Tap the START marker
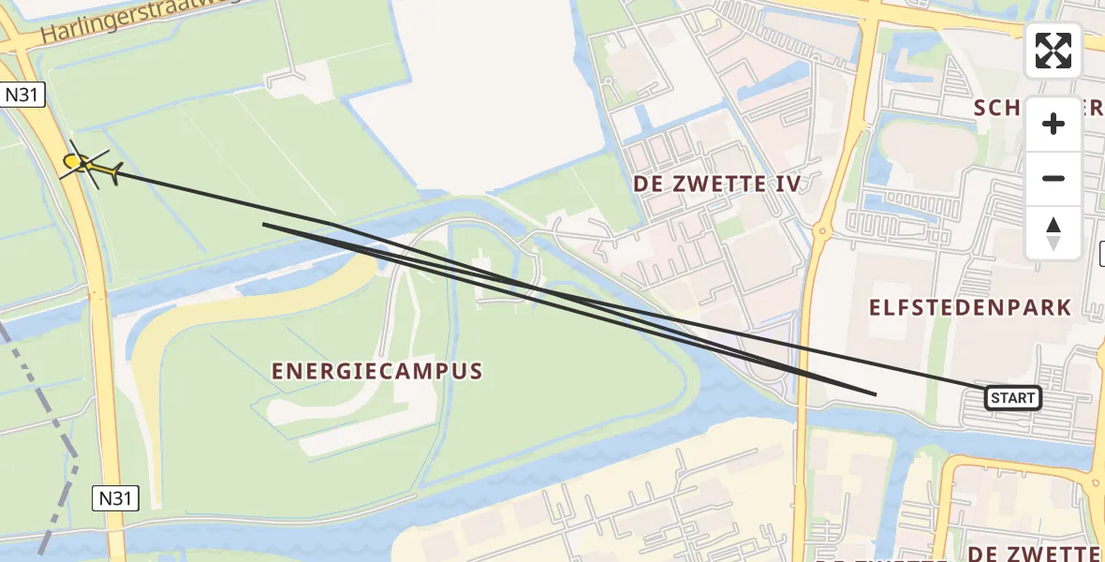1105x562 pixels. pos(1012,398)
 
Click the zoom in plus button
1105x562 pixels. pos(1053,124)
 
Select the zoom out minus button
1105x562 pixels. pos(1053,178)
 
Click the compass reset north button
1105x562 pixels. pos(1053,233)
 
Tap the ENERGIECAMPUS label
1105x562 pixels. pos(377,371)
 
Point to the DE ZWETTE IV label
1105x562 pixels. pos(717,184)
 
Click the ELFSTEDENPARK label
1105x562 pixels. pos(969,308)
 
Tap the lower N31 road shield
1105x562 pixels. pos(115,498)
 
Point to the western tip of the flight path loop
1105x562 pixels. pos(265,224)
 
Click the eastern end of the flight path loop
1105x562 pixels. pos(874,394)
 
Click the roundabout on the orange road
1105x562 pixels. pos(821,230)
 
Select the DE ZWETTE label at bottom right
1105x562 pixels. pos(1034,553)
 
